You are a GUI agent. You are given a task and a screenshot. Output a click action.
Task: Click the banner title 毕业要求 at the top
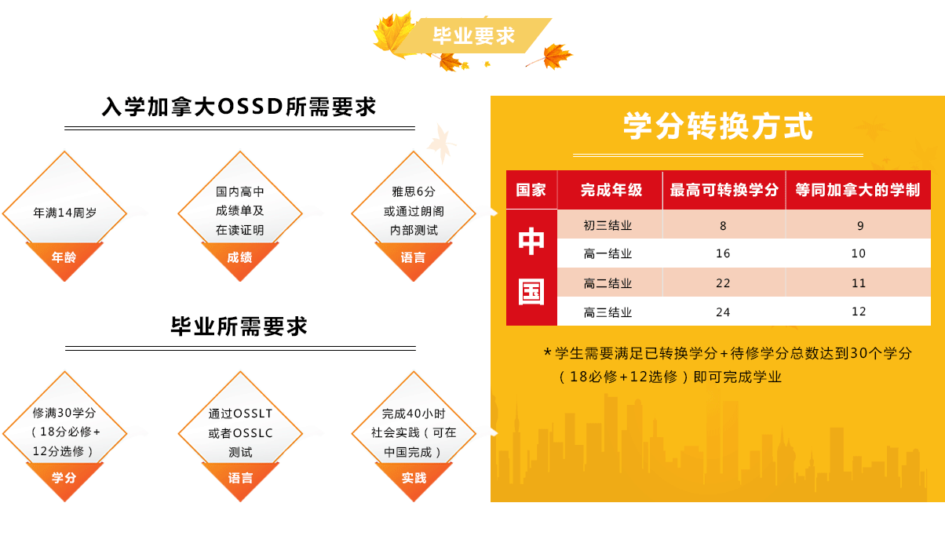pyautogui.click(x=473, y=35)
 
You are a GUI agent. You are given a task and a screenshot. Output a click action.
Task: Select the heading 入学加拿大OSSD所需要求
pyautogui.click(x=239, y=106)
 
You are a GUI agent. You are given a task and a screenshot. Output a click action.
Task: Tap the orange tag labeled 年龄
pyautogui.click(x=64, y=257)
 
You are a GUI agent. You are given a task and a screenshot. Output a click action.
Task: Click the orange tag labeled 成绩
pyautogui.click(x=239, y=257)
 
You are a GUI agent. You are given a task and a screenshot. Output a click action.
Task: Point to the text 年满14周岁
pyautogui.click(x=65, y=213)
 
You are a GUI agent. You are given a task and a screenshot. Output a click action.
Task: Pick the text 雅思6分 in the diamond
pyautogui.click(x=414, y=191)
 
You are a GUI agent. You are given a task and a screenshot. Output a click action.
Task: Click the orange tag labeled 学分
pyautogui.click(x=64, y=478)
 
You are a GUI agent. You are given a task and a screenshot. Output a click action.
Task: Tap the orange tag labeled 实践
pyautogui.click(x=414, y=478)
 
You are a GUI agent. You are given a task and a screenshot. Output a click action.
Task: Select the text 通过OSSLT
pyautogui.click(x=240, y=414)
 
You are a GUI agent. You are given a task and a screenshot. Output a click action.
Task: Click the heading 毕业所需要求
pyautogui.click(x=239, y=326)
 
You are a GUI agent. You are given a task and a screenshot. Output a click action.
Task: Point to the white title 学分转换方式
pyautogui.click(x=718, y=126)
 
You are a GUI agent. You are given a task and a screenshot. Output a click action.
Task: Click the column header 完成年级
pyautogui.click(x=611, y=190)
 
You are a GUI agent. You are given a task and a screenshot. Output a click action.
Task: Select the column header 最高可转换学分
pyautogui.click(x=724, y=190)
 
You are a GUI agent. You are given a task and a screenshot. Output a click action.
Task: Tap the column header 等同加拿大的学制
pyautogui.click(x=858, y=190)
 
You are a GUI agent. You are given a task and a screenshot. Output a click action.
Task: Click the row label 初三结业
pyautogui.click(x=607, y=225)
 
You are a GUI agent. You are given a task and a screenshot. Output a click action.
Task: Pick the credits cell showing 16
pyautogui.click(x=723, y=253)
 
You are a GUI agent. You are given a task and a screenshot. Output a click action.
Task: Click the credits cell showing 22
pyautogui.click(x=723, y=282)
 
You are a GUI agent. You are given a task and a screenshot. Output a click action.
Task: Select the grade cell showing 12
pyautogui.click(x=859, y=312)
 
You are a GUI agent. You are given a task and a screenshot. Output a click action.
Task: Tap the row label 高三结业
pyautogui.click(x=607, y=312)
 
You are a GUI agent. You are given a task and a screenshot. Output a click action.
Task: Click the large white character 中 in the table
pyautogui.click(x=531, y=241)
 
